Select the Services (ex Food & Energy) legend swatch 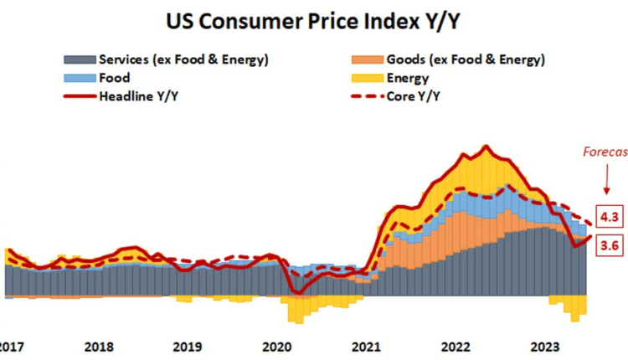(79, 59)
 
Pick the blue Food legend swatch (79, 78)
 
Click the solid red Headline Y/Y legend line (79, 96)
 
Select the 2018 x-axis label (99, 347)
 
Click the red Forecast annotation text (605, 152)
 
